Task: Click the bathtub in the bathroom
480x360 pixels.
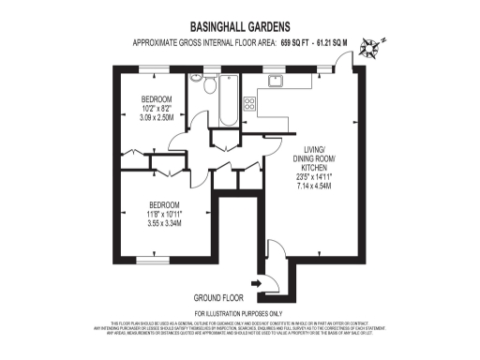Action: pyautogui.click(x=228, y=103)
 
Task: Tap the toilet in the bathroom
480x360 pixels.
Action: pyautogui.click(x=196, y=82)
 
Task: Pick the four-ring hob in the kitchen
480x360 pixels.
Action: pyautogui.click(x=250, y=102)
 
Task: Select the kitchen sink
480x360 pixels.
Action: pyautogui.click(x=278, y=82)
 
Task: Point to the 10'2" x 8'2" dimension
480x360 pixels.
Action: pyautogui.click(x=157, y=108)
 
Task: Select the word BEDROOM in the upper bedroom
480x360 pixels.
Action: pyautogui.click(x=157, y=98)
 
